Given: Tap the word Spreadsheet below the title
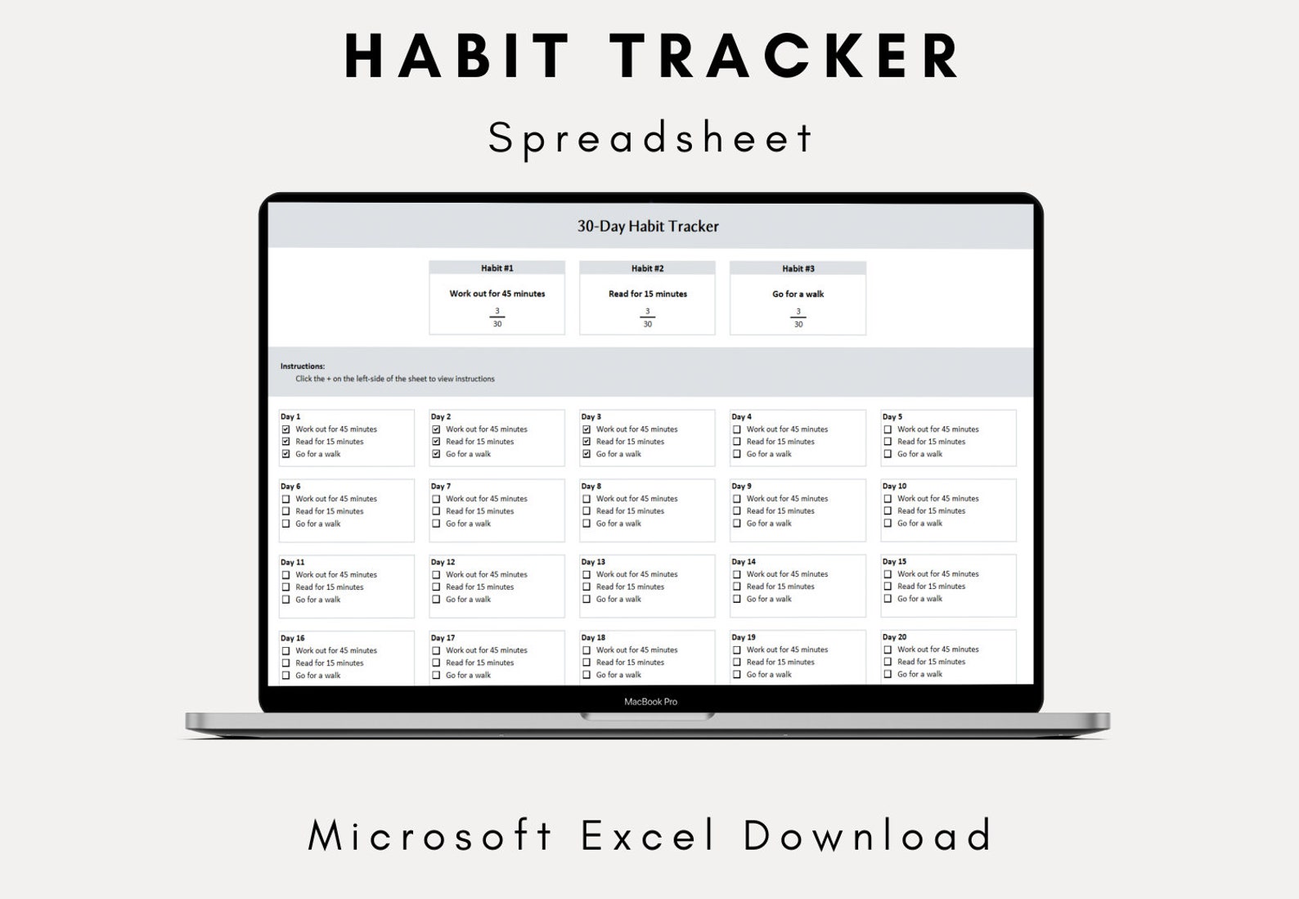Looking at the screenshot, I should [x=650, y=137].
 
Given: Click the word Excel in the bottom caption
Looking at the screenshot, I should [x=649, y=836].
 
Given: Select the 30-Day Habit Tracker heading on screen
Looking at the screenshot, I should [x=648, y=227].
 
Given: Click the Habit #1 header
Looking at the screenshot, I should [x=497, y=268].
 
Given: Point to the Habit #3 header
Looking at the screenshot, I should [x=798, y=268].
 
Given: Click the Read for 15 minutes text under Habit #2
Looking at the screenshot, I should [x=647, y=294].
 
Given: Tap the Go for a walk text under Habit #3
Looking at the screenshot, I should [x=798, y=294].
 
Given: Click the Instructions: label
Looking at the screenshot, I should [x=302, y=366].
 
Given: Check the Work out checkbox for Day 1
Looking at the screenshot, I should [x=285, y=429].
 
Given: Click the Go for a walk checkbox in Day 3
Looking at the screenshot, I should [x=587, y=454].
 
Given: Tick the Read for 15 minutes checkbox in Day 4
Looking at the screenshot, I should [x=737, y=442].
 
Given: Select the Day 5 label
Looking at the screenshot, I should [x=892, y=417].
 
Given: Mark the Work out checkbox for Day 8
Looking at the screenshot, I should [x=587, y=499].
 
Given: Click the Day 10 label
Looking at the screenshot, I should [x=894, y=486].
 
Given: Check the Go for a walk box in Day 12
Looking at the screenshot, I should [x=436, y=600].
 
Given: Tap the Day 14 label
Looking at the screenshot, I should [x=743, y=562].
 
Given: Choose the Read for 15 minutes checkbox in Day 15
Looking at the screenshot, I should [x=888, y=587].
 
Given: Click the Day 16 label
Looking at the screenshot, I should [x=292, y=638].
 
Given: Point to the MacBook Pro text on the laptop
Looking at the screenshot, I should [x=650, y=702].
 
